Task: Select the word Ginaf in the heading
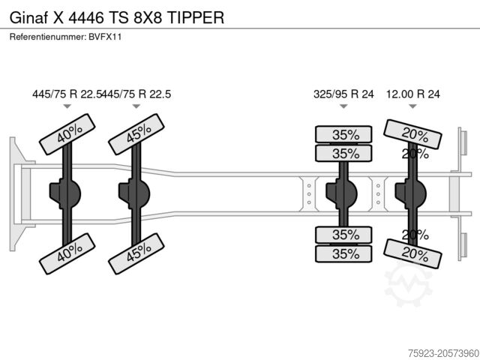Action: pos(27,16)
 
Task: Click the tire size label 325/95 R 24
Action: pos(343,94)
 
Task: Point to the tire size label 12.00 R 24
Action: pos(412,94)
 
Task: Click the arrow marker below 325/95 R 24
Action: pos(343,107)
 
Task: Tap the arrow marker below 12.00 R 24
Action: pos(412,107)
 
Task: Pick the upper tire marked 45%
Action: pos(137,133)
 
